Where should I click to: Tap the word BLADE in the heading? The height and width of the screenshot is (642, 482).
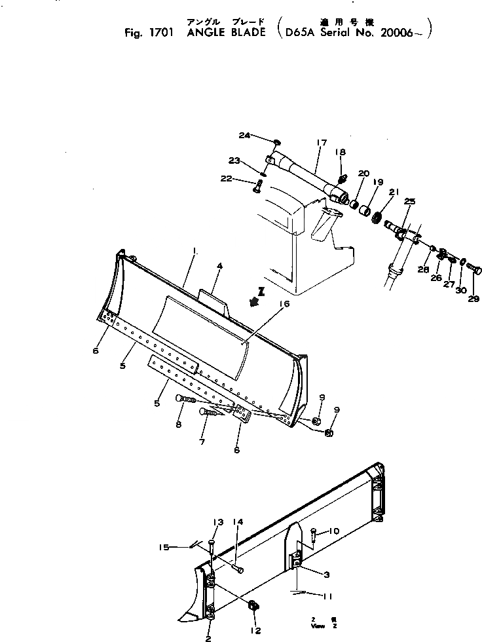pos(248,31)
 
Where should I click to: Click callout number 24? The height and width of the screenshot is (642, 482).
pos(244,136)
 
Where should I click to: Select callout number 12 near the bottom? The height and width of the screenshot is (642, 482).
pos(255,631)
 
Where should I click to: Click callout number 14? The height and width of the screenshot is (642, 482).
pos(239,521)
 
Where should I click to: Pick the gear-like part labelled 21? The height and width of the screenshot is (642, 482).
pos(377,216)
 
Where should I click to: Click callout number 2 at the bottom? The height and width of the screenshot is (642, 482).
pos(208,637)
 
